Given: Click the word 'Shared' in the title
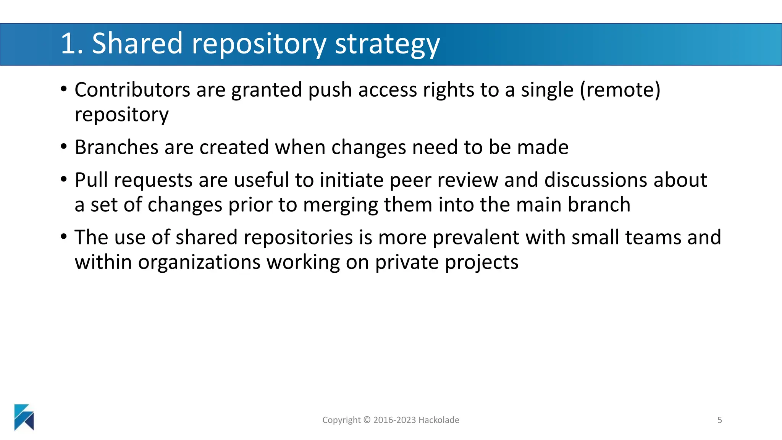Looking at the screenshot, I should [137, 43].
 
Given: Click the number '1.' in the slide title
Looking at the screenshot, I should [71, 43].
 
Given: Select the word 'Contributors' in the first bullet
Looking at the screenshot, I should [132, 90].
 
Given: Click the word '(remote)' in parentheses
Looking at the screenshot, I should [620, 90].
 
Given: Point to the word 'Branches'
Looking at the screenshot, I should [116, 147].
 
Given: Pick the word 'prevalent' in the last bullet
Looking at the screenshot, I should [476, 238].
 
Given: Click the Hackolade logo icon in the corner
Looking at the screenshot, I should [24, 417].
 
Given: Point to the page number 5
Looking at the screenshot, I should [720, 420].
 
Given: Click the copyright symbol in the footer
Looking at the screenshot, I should [367, 420].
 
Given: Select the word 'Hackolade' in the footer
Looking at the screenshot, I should [439, 420].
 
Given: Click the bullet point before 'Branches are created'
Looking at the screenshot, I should [64, 147].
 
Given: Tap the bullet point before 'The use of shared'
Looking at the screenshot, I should [64, 237].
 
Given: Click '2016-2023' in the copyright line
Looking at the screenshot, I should [394, 420].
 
